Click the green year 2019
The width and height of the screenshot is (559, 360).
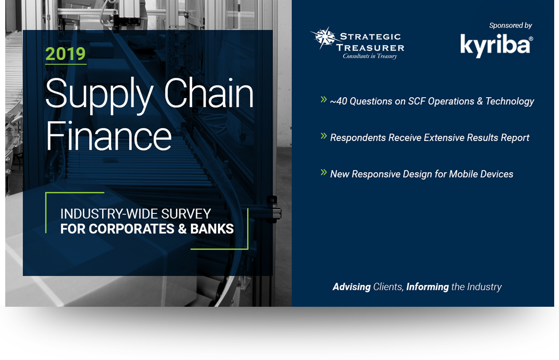66,54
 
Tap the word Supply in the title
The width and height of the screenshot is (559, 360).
99,96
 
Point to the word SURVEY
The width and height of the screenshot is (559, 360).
186,214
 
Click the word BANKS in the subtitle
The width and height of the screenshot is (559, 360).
212,229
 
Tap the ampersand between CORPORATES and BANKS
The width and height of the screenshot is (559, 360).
182,229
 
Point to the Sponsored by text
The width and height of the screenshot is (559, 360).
511,25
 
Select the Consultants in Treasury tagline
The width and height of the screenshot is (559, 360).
369,56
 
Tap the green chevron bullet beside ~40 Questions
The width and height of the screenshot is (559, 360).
324,99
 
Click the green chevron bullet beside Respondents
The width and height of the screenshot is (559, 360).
324,136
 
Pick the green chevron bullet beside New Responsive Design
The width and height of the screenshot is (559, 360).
324,172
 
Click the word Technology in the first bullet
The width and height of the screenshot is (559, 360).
510,102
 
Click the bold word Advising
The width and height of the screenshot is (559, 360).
352,287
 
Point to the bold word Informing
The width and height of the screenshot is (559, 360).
428,287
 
